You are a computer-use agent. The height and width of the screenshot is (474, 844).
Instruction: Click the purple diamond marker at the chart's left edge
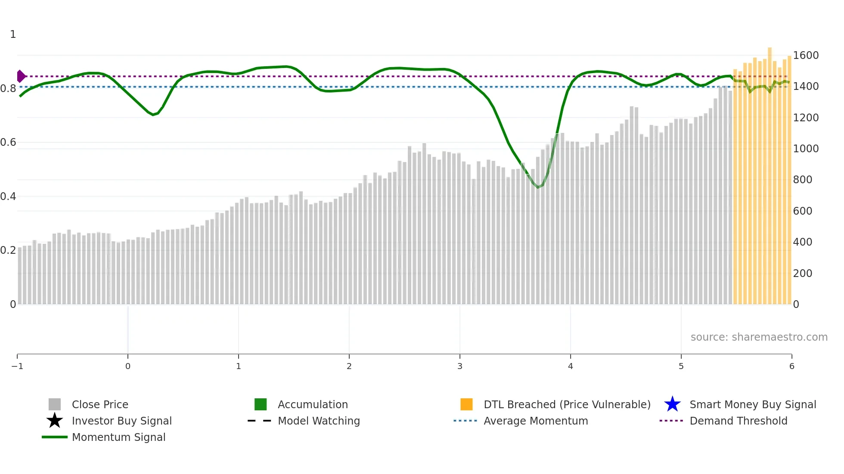tap(21, 76)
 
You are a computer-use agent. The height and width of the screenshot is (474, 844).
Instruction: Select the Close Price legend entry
tap(100, 404)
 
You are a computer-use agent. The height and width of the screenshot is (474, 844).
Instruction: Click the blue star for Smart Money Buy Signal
tap(672, 404)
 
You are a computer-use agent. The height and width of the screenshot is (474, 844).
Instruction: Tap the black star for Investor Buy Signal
tap(55, 421)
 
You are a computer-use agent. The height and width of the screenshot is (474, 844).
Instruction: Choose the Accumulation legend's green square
tap(261, 404)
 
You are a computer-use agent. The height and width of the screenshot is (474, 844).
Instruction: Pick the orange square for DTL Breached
tap(466, 404)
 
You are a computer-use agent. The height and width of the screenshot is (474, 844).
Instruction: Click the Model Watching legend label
tap(319, 421)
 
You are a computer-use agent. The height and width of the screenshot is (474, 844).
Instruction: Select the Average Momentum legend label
tap(536, 421)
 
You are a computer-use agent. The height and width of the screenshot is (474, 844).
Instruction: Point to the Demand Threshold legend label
tap(738, 421)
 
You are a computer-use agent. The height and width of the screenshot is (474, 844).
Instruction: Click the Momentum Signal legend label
tap(118, 437)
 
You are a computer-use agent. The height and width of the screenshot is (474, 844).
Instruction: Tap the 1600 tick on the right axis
tap(806, 55)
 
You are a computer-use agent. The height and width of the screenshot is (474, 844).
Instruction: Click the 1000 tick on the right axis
tap(806, 149)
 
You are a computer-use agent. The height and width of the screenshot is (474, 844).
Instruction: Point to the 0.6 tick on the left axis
tap(8, 142)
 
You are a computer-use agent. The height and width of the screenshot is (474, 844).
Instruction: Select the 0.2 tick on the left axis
tap(8, 250)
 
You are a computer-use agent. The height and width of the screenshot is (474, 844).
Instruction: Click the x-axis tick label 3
tap(460, 366)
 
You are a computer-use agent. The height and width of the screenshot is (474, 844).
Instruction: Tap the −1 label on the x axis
tap(17, 366)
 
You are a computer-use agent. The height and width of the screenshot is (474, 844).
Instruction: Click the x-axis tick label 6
tap(791, 366)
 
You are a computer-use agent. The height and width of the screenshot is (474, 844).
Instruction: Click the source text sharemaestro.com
tap(759, 337)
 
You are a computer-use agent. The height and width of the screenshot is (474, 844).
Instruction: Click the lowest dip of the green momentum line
tap(538, 187)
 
